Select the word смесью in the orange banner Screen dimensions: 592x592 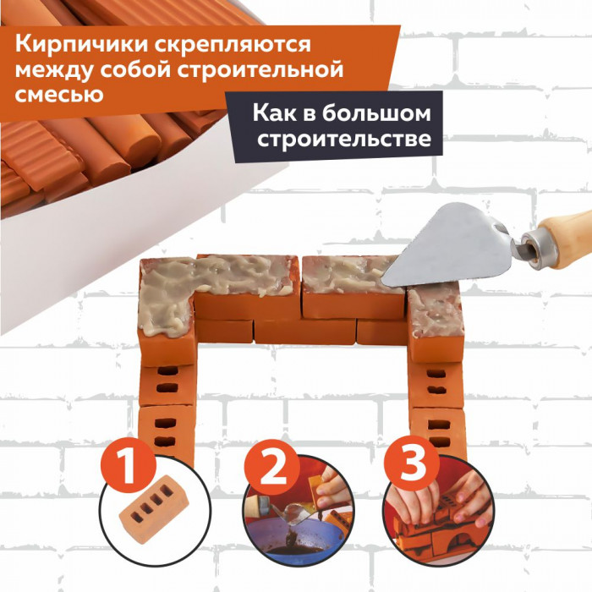click(x=59, y=94)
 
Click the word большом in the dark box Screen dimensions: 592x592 click(x=376, y=112)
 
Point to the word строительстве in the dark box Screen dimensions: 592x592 click(x=344, y=140)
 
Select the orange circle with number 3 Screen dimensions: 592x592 click(x=412, y=464)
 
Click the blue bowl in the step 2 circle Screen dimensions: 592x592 click(x=294, y=536)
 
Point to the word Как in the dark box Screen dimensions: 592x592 click(x=275, y=112)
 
